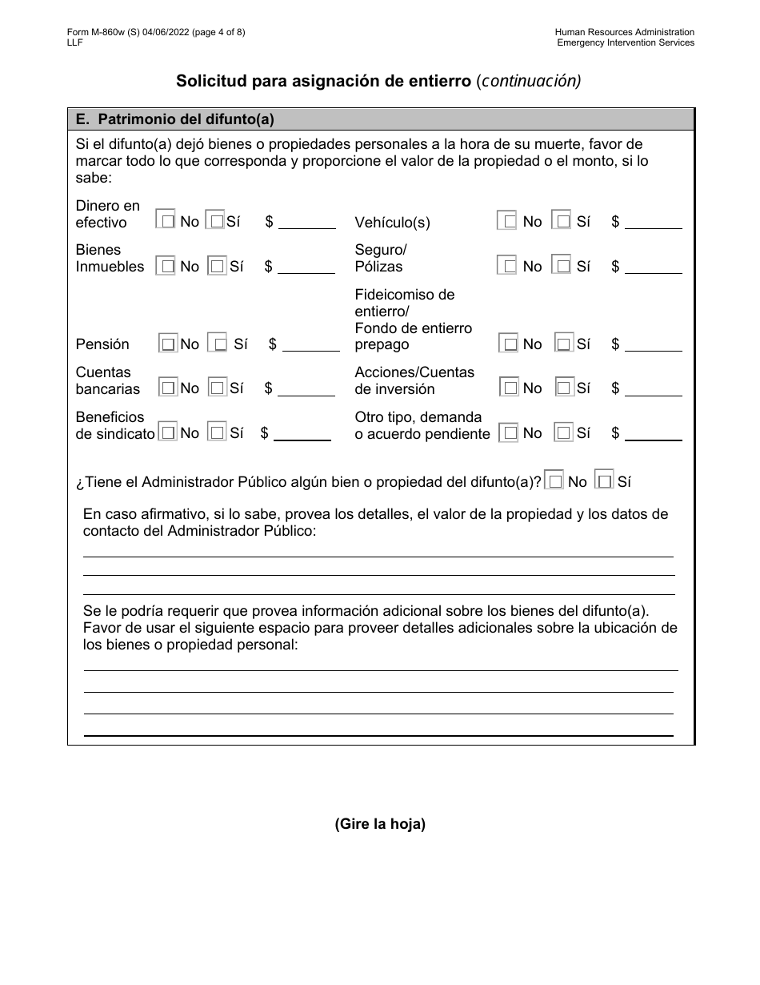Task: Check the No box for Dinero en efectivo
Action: point(166,220)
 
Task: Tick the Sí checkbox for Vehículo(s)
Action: point(563,221)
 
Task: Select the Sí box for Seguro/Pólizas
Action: point(563,266)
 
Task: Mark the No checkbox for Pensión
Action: point(168,344)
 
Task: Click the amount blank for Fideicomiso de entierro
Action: point(653,345)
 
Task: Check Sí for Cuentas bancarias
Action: point(217,388)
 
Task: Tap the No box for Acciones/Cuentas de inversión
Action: point(510,388)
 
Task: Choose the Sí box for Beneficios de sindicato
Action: point(217,433)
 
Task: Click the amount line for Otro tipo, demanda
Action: point(653,434)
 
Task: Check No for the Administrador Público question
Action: point(554,482)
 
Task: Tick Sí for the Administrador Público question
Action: point(605,482)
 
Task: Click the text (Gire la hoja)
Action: point(379,824)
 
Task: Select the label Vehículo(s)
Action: point(392,223)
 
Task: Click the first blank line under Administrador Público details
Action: point(378,556)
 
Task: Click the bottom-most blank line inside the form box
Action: point(378,734)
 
